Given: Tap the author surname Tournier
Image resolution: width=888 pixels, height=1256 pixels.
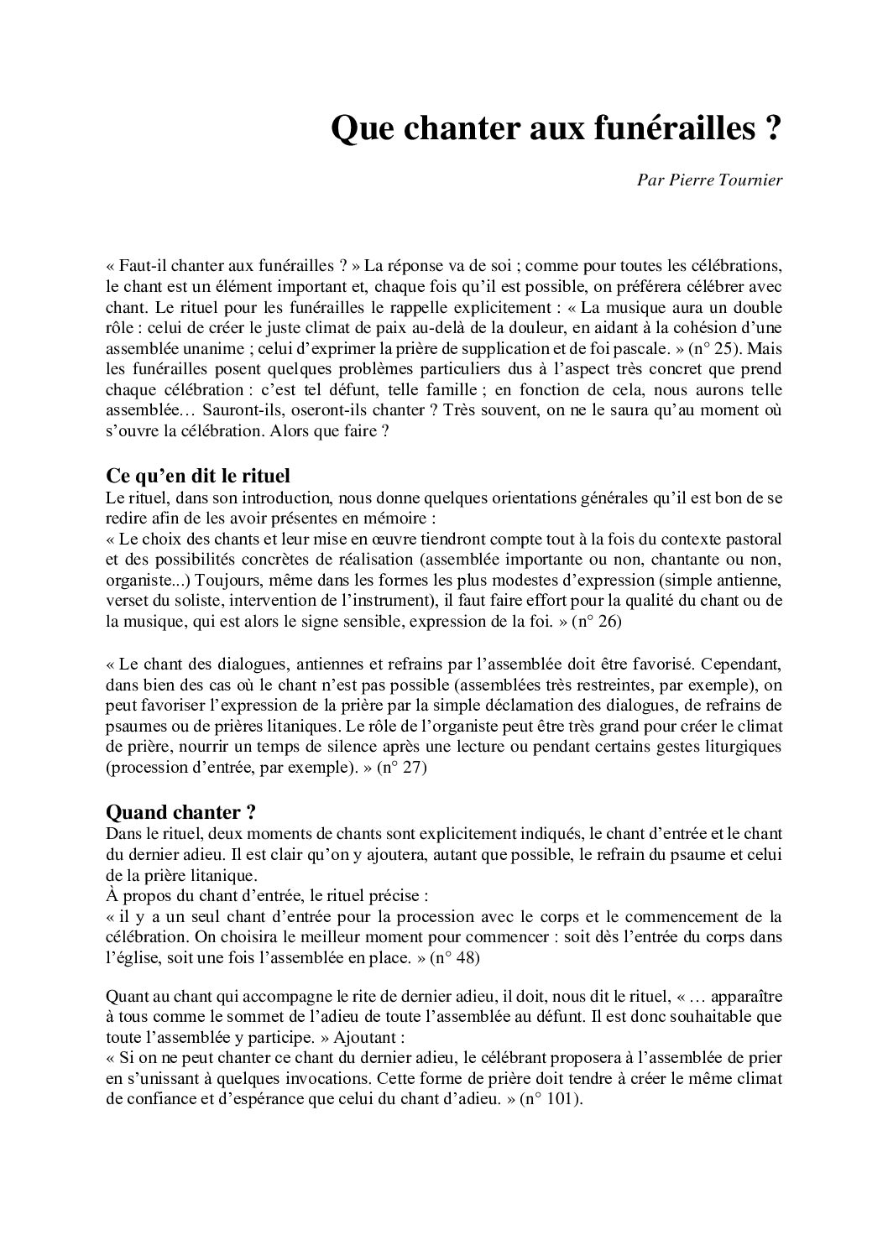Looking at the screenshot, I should click(752, 180).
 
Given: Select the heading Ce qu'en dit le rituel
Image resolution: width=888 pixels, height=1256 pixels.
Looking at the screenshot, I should click(198, 476).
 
